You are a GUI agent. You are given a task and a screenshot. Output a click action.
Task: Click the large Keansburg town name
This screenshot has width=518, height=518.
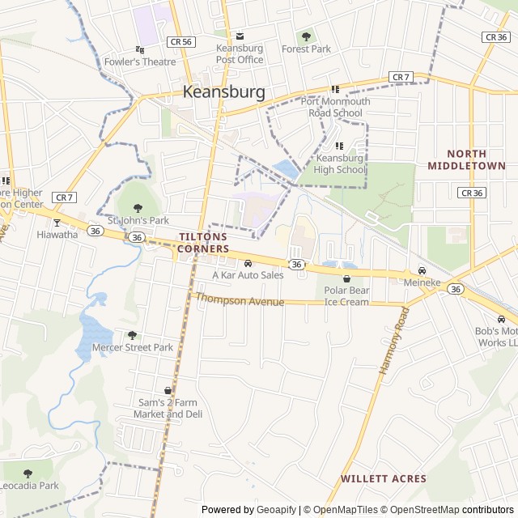[x=224, y=92]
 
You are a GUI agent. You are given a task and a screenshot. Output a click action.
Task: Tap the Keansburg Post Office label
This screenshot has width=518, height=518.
[x=240, y=54]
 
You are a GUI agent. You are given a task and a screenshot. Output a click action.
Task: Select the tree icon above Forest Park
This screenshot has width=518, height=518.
[x=306, y=36]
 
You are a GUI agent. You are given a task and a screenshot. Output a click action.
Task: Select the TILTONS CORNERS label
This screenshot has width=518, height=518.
[x=204, y=243]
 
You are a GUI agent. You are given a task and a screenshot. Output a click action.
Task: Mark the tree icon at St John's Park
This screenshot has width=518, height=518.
[x=138, y=207]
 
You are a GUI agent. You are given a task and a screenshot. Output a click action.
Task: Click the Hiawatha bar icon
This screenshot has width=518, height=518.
[x=57, y=223]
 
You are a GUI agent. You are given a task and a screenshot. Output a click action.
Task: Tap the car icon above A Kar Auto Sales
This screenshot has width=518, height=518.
[x=248, y=263]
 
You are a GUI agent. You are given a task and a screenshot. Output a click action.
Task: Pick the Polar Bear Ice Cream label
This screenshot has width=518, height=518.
[x=346, y=296]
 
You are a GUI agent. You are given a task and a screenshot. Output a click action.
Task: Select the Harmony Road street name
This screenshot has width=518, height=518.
[x=390, y=340]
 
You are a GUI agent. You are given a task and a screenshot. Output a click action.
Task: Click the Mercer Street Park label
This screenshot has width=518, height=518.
[x=133, y=347]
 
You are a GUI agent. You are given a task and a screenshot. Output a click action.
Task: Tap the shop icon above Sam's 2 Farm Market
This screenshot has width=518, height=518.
[x=168, y=391]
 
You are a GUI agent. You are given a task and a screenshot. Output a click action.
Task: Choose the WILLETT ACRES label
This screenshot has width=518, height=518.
[x=383, y=478]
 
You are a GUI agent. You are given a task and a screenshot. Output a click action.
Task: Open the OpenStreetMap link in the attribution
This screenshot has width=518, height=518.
[x=419, y=510]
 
